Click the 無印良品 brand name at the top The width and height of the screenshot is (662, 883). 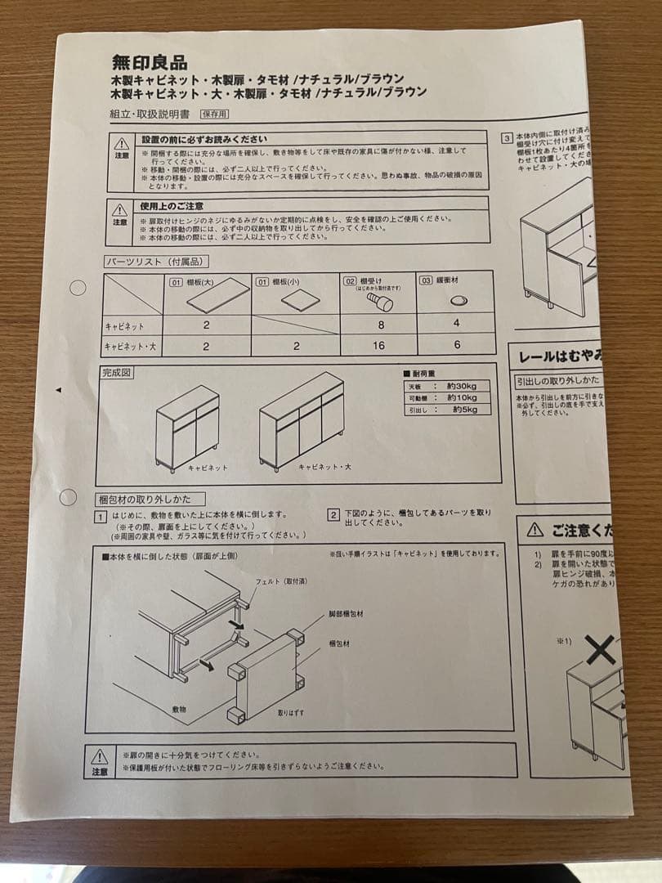pyautogui.click(x=150, y=62)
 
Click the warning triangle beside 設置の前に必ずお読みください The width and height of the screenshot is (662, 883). pyautogui.click(x=121, y=143)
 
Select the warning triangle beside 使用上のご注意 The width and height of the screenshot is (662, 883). pyautogui.click(x=120, y=210)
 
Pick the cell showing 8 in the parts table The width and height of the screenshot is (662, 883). pyautogui.click(x=378, y=325)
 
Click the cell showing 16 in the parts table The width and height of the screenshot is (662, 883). pyautogui.click(x=378, y=346)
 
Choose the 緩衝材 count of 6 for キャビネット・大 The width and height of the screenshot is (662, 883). pyautogui.click(x=456, y=345)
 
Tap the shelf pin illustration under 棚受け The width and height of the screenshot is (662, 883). pyautogui.click(x=379, y=302)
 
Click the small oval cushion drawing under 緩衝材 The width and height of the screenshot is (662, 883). pyautogui.click(x=458, y=300)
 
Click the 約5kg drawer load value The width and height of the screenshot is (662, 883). pyautogui.click(x=463, y=409)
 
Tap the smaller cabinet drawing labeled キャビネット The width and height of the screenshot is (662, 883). pyautogui.click(x=187, y=428)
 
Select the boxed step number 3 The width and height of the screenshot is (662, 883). pyautogui.click(x=507, y=138)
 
